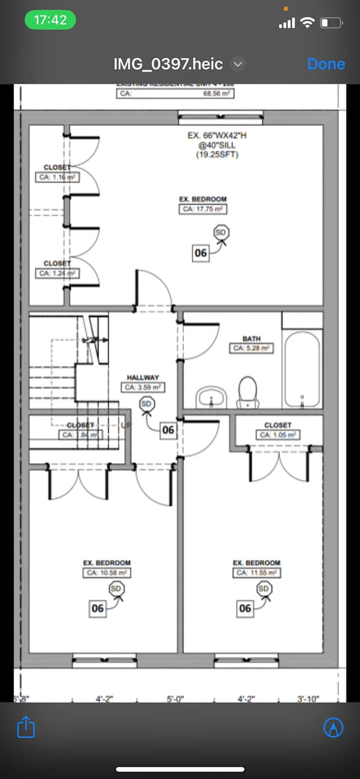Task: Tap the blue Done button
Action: click(326, 64)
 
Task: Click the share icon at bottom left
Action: click(26, 728)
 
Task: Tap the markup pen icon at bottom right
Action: click(333, 728)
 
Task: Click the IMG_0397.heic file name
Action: click(168, 64)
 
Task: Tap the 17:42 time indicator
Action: click(50, 20)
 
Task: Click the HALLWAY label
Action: click(142, 378)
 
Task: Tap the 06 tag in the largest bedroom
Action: click(200, 253)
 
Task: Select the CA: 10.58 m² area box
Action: click(107, 573)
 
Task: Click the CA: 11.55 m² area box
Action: click(256, 573)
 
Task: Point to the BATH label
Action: click(251, 339)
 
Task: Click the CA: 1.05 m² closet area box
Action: click(277, 435)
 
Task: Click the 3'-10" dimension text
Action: click(308, 699)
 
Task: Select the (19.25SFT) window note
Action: click(217, 155)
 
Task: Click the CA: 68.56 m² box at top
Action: click(175, 93)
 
